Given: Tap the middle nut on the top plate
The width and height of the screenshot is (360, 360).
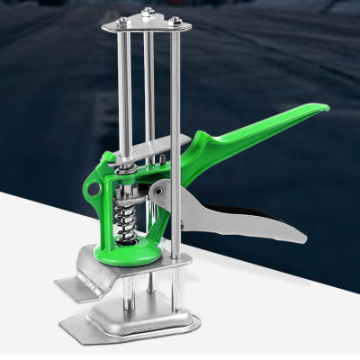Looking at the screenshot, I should click(x=147, y=12).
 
